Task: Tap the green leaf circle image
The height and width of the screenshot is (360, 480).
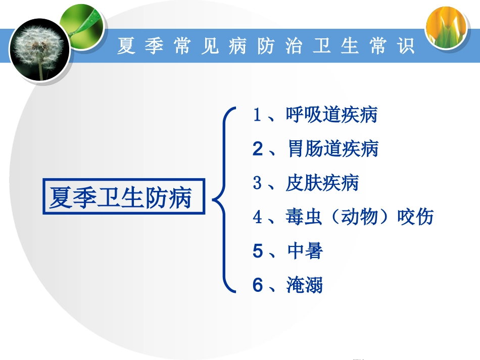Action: coord(82,23)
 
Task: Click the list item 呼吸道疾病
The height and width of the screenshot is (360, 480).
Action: coord(331,116)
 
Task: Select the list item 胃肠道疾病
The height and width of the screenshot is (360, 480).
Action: coord(332,149)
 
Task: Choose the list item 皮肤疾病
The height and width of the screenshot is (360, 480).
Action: coord(322,183)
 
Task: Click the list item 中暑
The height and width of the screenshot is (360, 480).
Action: coord(305,251)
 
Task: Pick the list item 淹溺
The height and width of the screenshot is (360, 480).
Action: coord(305,285)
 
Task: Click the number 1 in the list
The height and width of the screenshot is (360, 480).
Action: coord(257,116)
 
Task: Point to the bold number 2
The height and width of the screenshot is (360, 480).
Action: coord(258,149)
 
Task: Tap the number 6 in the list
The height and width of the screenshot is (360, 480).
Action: coord(258,285)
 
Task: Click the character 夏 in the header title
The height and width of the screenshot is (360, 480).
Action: coord(127,46)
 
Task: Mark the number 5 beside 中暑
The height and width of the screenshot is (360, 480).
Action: coord(258,251)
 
